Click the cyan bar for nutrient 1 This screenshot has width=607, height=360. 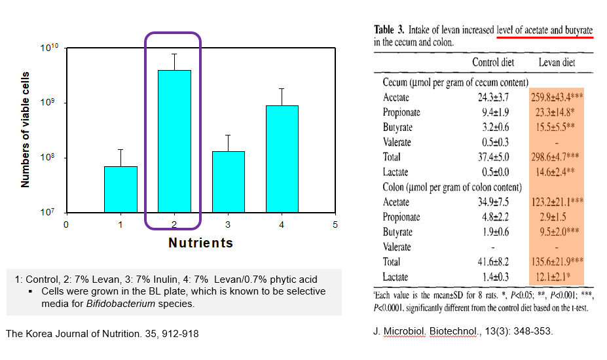point(120,189)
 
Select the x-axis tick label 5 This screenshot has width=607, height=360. point(335,225)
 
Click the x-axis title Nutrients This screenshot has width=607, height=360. point(200,243)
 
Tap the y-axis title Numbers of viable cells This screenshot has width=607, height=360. point(26,130)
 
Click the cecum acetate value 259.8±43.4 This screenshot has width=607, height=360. point(557,98)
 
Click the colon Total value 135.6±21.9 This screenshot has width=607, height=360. point(557,262)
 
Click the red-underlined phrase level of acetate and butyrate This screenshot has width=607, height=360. point(544,29)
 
